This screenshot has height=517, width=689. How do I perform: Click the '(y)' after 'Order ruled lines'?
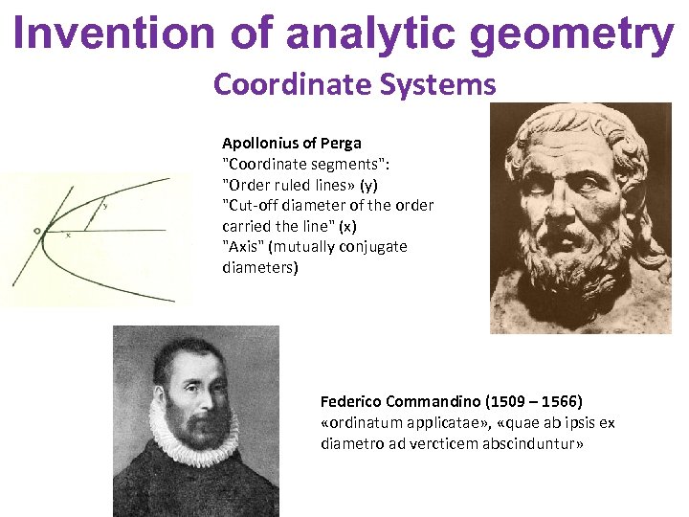point(367,184)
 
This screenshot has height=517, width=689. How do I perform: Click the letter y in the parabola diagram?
point(105,204)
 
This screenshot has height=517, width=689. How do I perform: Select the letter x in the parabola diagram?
point(67,235)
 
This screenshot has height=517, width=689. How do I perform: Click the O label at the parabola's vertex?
point(35,231)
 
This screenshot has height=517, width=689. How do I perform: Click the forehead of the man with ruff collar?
point(190,359)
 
